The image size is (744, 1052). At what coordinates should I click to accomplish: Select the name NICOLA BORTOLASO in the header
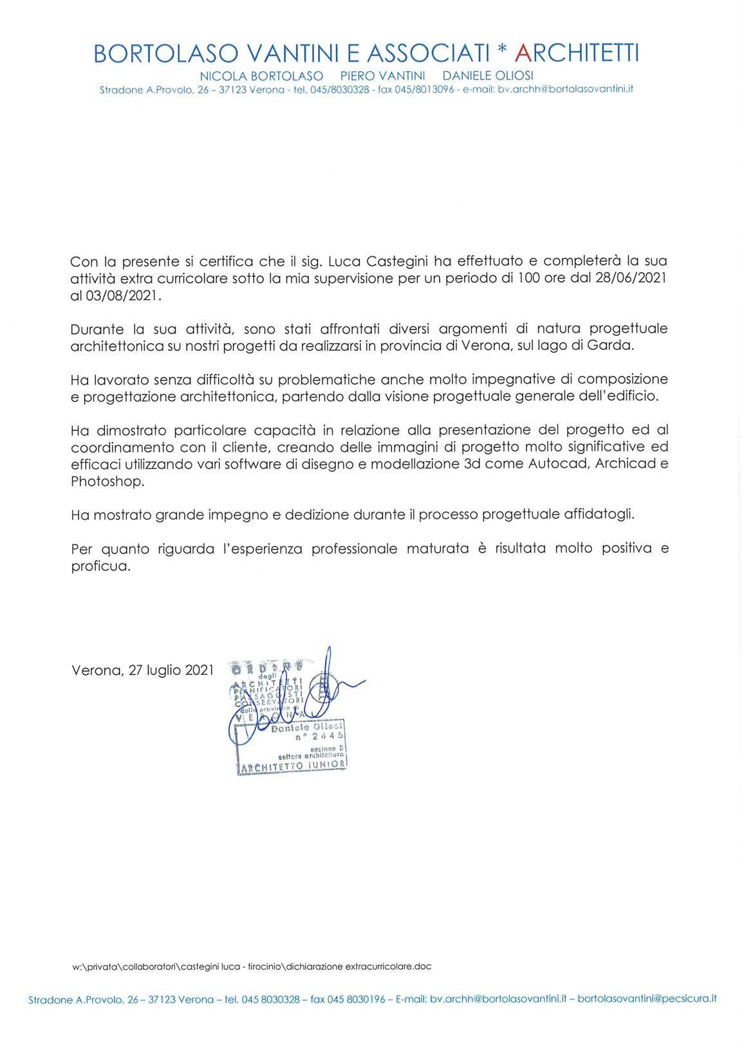(x=261, y=76)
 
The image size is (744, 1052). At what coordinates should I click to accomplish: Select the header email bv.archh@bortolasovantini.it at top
(x=566, y=89)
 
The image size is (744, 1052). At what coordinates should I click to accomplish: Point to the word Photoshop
(x=103, y=481)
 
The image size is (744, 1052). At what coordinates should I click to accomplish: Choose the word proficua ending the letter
(x=100, y=566)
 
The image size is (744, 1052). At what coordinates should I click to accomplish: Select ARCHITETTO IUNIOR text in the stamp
(x=293, y=766)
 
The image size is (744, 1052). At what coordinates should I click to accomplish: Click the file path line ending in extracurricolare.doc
(x=252, y=966)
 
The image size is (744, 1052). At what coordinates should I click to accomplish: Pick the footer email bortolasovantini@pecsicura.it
(x=647, y=999)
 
